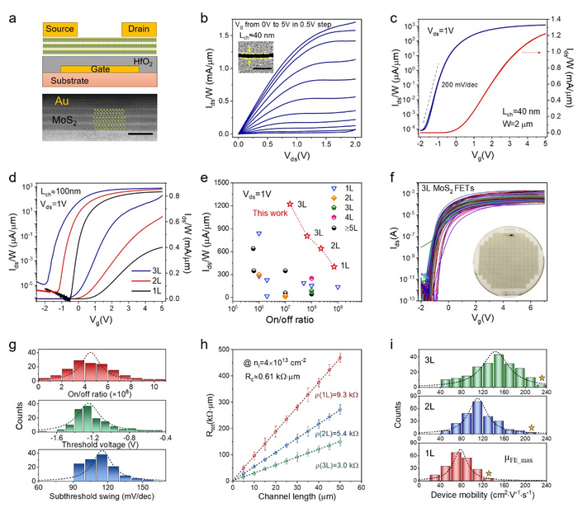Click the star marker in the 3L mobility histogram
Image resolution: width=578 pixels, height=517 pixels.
(x=542, y=378)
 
